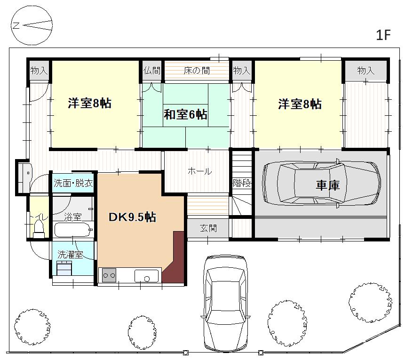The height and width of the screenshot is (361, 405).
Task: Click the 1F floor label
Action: [383, 35]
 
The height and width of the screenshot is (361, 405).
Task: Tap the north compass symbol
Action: [32, 25]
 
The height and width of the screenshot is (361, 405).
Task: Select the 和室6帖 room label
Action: [185, 114]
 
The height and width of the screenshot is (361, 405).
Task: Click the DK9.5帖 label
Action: [132, 217]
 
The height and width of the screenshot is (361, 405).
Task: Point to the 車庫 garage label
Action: [327, 185]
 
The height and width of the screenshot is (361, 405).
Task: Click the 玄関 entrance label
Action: [208, 228]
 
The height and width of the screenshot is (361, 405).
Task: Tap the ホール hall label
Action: [199, 171]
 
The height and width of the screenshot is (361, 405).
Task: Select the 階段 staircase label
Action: [242, 183]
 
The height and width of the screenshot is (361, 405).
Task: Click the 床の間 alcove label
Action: [197, 71]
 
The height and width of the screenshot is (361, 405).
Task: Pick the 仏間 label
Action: [152, 70]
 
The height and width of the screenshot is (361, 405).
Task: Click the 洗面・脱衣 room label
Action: [73, 183]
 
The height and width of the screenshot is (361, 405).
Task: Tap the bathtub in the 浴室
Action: [73, 230]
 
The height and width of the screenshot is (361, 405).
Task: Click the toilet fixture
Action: [39, 228]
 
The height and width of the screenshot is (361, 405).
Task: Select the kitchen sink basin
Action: [146, 276]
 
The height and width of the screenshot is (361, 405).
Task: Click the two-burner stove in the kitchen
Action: [109, 275]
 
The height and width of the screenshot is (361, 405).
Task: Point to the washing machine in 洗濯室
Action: [64, 268]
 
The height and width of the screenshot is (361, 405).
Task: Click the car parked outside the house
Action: [225, 304]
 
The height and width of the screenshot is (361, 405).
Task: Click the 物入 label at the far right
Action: [366, 70]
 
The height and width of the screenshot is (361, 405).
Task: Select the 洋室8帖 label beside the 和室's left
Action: [90, 103]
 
